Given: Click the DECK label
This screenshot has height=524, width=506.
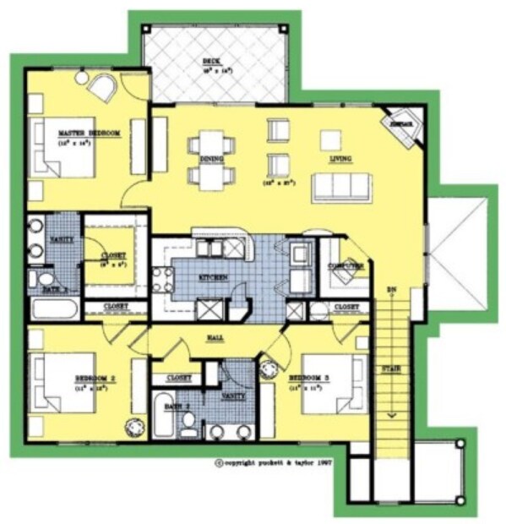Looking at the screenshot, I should click(x=210, y=63).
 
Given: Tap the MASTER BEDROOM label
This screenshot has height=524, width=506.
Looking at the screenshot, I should click(x=89, y=134).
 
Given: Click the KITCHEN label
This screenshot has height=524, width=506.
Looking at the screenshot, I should click(x=211, y=276).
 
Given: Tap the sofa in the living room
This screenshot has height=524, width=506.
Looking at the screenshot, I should click(x=341, y=185).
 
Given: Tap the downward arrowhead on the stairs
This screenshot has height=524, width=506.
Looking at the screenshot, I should click(x=391, y=415).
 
